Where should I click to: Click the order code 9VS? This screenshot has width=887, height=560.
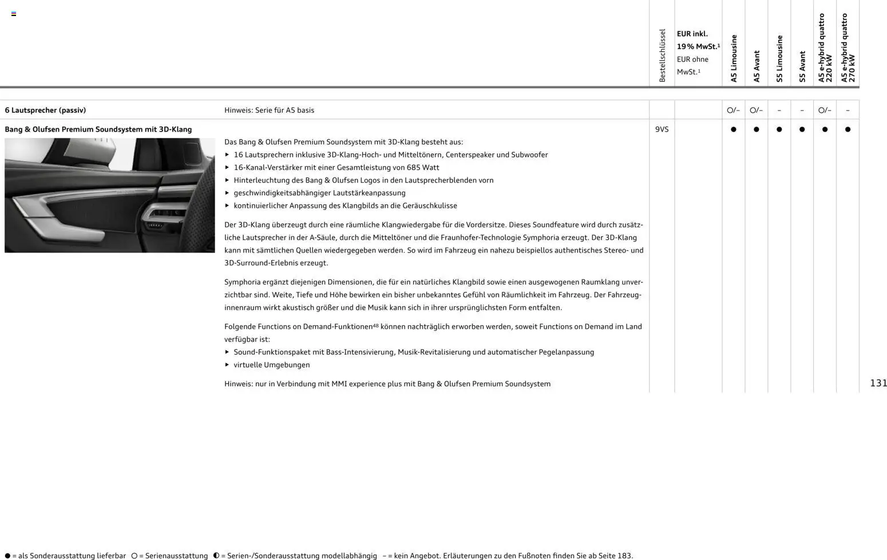point(662,129)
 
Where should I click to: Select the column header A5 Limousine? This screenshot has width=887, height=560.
point(734,58)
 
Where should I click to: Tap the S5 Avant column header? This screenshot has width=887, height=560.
point(802,66)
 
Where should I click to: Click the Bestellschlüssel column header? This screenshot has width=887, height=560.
point(662,56)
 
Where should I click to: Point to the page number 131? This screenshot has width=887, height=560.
point(878,383)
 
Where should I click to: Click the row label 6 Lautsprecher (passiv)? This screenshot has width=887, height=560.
point(45,110)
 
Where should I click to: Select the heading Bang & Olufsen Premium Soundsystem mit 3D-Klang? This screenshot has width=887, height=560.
point(98,129)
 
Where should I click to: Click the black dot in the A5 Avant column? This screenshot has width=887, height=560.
point(757,129)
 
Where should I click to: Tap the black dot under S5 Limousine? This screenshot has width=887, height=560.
point(779,129)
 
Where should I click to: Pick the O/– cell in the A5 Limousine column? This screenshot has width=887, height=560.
point(733,110)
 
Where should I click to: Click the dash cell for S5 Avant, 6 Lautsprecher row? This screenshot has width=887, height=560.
point(802,110)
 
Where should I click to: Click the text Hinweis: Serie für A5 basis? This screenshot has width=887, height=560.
point(269,110)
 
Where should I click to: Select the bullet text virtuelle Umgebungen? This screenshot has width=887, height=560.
point(271,365)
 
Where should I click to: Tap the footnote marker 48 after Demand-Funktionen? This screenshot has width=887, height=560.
point(375,325)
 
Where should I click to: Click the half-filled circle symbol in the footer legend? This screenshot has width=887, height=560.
point(216,555)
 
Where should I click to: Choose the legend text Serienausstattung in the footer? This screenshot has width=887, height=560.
point(176,556)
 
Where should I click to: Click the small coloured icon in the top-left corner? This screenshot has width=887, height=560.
point(14,14)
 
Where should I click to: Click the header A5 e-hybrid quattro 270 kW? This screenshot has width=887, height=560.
point(848,48)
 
